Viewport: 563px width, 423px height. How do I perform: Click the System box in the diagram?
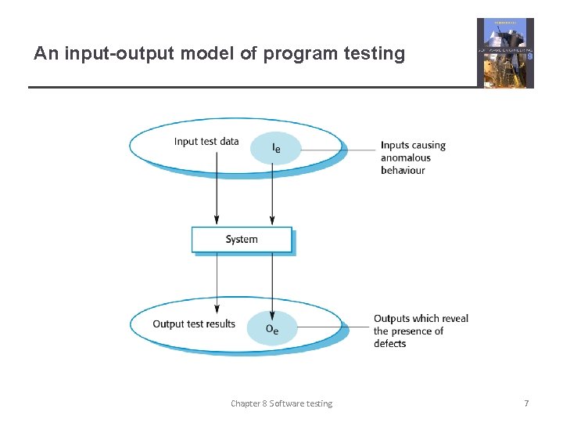(242, 240)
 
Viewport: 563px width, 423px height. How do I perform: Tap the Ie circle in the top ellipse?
(275, 147)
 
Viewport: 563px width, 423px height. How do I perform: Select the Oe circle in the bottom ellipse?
(272, 328)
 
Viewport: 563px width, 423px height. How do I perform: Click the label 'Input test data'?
(206, 142)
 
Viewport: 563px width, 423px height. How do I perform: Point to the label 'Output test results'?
(194, 324)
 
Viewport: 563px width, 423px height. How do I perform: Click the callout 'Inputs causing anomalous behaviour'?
(413, 157)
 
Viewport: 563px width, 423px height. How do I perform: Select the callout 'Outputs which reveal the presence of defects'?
(420, 331)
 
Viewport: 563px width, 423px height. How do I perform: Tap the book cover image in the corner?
(505, 52)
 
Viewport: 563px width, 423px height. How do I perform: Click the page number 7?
(526, 403)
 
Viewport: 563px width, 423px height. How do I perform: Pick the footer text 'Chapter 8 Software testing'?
(281, 403)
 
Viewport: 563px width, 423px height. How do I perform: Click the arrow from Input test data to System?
(217, 192)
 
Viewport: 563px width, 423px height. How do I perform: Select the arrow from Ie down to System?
(271, 196)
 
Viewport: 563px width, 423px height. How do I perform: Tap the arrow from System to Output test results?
(217, 282)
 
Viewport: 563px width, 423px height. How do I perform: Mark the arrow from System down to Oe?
(271, 282)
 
